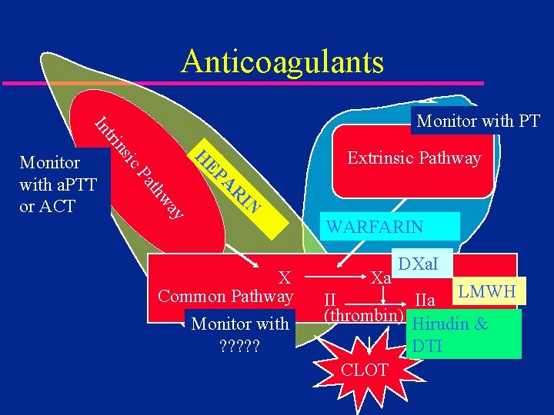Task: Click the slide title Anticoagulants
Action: pyautogui.click(x=282, y=61)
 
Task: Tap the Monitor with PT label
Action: pyautogui.click(x=478, y=121)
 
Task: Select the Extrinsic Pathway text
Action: pyautogui.click(x=414, y=158)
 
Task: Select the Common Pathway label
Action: pyautogui.click(x=225, y=297)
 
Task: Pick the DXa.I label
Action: pyautogui.click(x=418, y=265)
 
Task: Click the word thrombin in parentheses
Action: pyautogui.click(x=364, y=315)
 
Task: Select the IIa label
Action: pyautogui.click(x=426, y=299)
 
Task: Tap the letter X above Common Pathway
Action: pyautogui.click(x=284, y=277)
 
